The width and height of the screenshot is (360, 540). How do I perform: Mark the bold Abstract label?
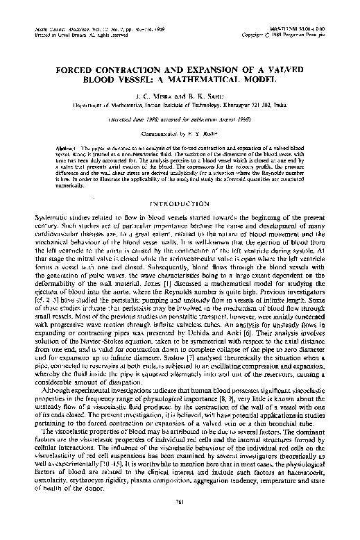coord(63,130)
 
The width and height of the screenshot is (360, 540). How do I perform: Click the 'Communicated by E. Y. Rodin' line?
coord(180,119)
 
